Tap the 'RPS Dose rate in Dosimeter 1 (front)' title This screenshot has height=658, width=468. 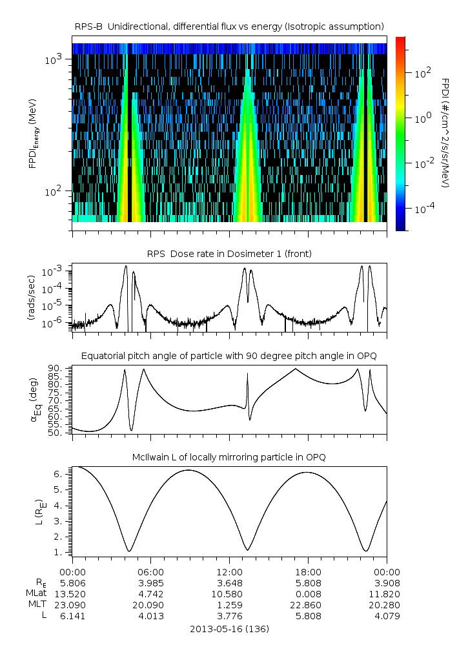tap(229, 254)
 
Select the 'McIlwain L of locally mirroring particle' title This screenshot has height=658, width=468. tap(229, 457)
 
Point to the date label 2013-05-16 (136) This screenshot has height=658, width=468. tap(229, 628)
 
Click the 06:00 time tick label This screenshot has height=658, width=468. tap(151, 571)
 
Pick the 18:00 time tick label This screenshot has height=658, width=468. tap(308, 571)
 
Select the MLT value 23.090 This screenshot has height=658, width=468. tap(72, 605)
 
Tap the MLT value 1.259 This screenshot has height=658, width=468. tap(229, 605)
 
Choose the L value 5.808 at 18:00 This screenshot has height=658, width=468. tap(308, 616)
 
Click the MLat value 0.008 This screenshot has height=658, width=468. tap(308, 593)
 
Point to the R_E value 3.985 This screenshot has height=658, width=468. tap(151, 582)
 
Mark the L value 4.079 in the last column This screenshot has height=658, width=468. tap(387, 616)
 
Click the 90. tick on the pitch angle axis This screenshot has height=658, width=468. tap(57, 368)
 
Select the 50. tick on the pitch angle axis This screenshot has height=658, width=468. tap(57, 432)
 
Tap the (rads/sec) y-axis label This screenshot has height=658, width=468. tap(31, 298)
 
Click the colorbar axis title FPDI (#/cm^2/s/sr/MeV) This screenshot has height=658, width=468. tap(446, 132)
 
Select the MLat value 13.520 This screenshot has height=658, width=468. tap(72, 593)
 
